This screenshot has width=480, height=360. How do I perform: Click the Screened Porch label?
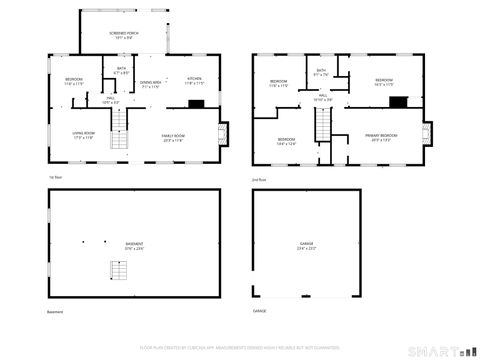[125, 34]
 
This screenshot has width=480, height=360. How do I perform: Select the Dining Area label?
[150, 86]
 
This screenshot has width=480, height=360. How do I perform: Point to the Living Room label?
[82, 135]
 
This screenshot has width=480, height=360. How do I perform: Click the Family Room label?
[174, 138]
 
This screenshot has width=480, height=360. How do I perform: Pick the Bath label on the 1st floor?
[121, 71]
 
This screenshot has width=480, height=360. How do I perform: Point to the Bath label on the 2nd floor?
[321, 72]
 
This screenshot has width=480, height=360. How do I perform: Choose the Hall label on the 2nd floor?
[323, 98]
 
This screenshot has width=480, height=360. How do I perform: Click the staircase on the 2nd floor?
[323, 125]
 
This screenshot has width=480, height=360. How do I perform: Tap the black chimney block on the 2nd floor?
[399, 101]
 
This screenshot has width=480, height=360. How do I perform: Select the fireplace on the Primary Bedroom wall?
[427, 134]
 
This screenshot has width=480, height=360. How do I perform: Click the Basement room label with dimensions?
[133, 246]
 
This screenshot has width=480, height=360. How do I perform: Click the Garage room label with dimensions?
[305, 246]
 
